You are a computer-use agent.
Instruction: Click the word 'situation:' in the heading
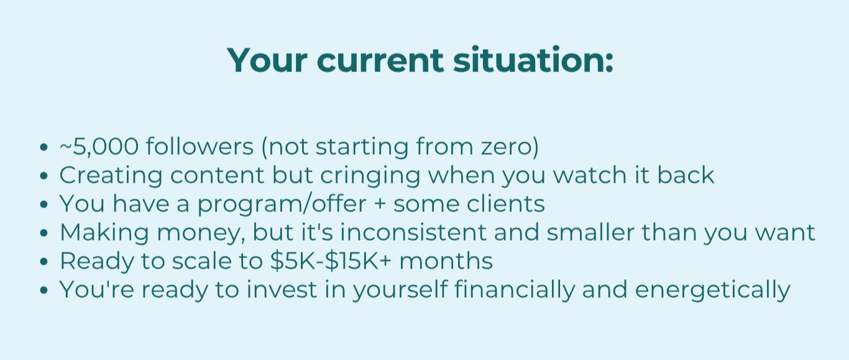point(533,60)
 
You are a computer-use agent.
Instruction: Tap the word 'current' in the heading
point(380,61)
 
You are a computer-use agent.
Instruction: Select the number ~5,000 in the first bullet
point(99,147)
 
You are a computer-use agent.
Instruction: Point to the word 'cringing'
point(370,176)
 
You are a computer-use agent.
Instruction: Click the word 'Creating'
point(111,176)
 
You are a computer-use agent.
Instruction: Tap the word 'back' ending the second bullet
point(686,175)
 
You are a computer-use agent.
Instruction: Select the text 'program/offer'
point(282,205)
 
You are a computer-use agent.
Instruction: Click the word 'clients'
point(506,204)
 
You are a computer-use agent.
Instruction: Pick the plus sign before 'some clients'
point(380,205)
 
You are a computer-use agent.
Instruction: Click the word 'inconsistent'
point(413,232)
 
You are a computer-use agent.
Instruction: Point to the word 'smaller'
point(590,232)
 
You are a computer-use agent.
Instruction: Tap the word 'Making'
point(104,233)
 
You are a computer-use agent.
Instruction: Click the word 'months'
point(446,261)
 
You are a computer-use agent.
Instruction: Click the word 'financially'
point(514,290)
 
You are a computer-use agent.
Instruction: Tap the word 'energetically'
point(712,290)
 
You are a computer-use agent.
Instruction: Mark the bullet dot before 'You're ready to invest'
point(44,290)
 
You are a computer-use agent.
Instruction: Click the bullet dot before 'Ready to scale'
point(44,261)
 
